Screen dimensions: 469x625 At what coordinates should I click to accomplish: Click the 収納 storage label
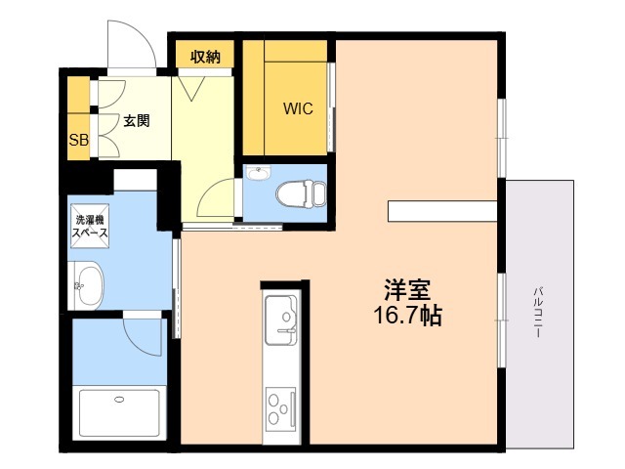coord(205,57)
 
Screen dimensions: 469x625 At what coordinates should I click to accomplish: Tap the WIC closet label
coord(298,109)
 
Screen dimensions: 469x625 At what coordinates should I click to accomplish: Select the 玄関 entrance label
coord(136,122)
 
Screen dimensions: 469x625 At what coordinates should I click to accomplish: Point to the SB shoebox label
coord(78,140)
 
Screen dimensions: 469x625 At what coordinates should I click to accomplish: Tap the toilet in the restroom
coord(298,192)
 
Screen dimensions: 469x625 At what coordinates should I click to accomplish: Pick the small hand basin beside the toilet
coord(257,175)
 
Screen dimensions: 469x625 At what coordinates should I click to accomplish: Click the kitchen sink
coord(284,317)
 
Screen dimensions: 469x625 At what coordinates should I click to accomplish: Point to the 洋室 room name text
coord(407,290)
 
